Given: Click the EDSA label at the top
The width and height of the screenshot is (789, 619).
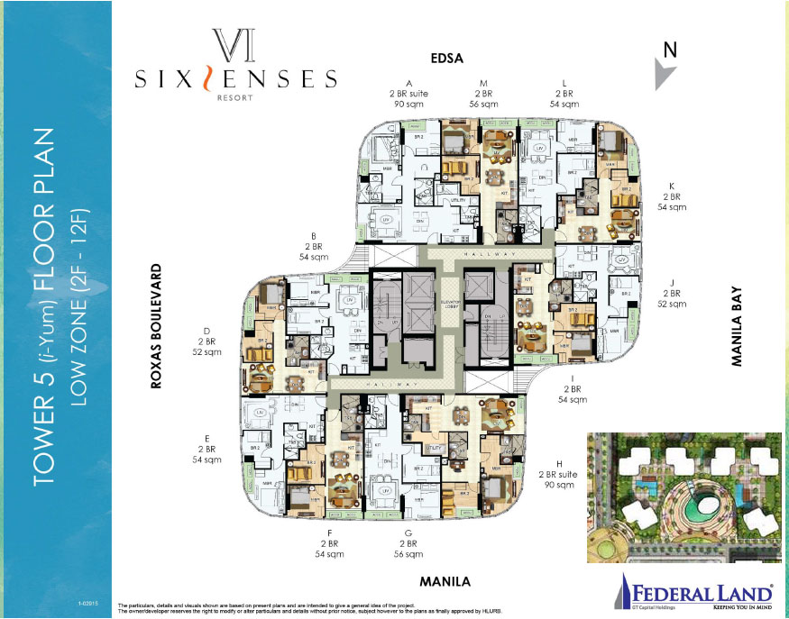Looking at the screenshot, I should (446, 59).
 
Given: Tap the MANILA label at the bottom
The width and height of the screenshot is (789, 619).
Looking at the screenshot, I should (439, 581).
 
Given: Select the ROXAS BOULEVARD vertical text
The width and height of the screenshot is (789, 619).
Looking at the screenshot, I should (156, 326).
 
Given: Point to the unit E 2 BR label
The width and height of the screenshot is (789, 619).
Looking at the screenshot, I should (206, 449).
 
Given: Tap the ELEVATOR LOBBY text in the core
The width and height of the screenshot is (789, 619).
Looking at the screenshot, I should (450, 304).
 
